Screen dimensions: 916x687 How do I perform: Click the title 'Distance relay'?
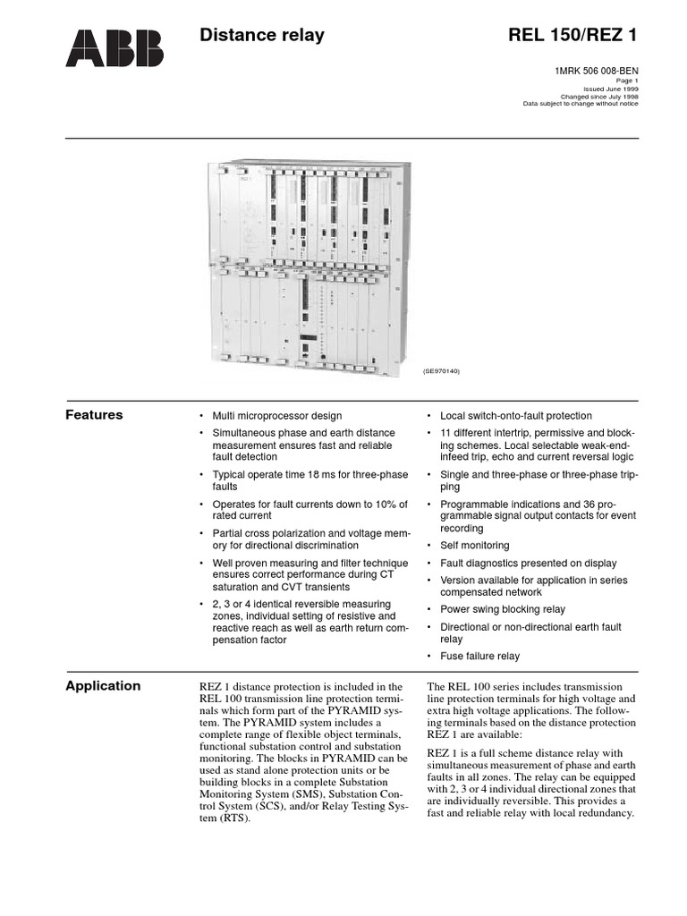point(261,36)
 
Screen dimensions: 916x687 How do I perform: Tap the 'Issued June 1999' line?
point(611,89)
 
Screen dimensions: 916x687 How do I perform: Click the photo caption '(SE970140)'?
point(441,369)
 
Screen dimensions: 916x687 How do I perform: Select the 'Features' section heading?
point(95,415)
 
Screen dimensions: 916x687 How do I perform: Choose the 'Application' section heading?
point(103,686)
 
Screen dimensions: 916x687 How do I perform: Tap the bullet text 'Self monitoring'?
point(474,545)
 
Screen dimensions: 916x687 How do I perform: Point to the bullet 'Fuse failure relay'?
point(479,656)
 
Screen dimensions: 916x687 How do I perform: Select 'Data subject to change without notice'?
point(581,104)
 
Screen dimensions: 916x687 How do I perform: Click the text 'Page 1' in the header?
point(627,81)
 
